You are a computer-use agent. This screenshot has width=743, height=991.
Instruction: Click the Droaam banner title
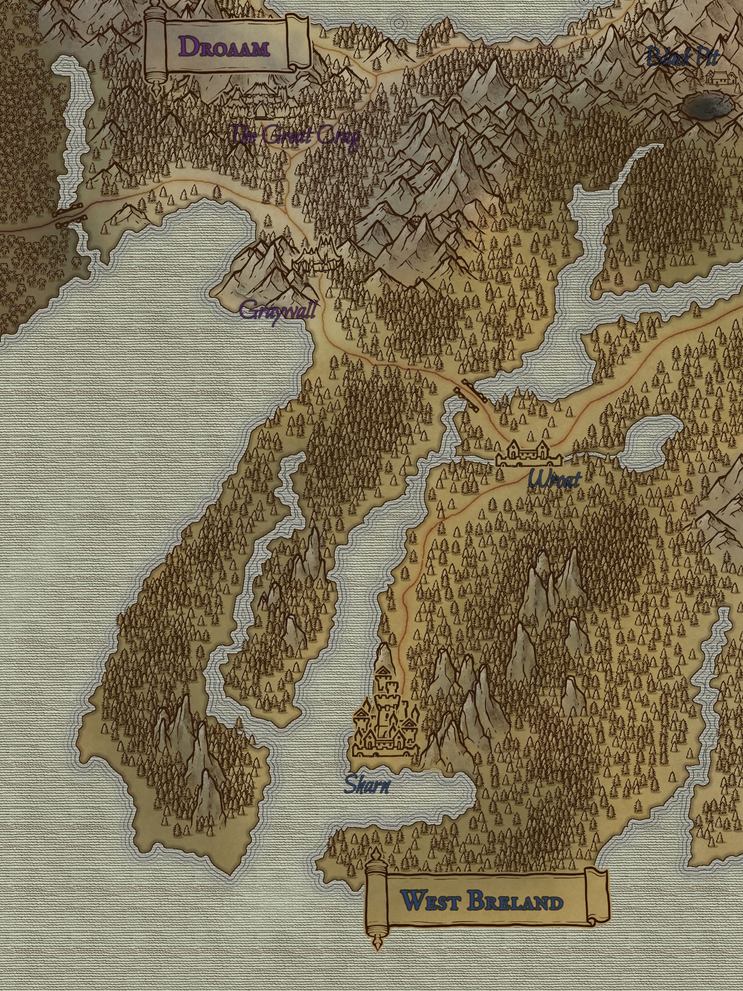224,47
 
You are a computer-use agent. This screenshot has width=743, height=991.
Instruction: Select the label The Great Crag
295,136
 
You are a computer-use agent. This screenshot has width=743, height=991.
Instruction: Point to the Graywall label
278,310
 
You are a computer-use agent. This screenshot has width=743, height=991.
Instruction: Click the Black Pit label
682,57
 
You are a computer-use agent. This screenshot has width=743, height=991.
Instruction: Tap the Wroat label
554,480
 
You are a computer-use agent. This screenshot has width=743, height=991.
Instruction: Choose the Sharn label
367,784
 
